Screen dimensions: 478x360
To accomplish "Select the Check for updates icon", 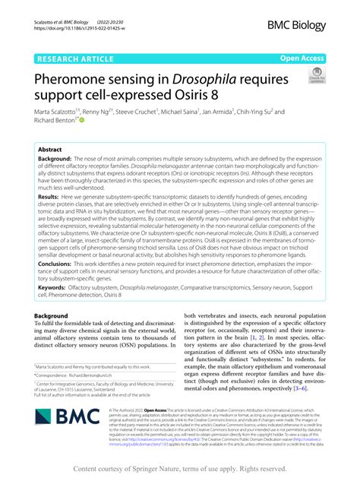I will (x=314, y=75).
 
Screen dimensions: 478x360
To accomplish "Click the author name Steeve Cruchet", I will (x=133, y=112).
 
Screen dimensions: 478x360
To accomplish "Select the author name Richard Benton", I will (x=55, y=121).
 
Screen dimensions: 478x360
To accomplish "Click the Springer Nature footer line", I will (x=179, y=468).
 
